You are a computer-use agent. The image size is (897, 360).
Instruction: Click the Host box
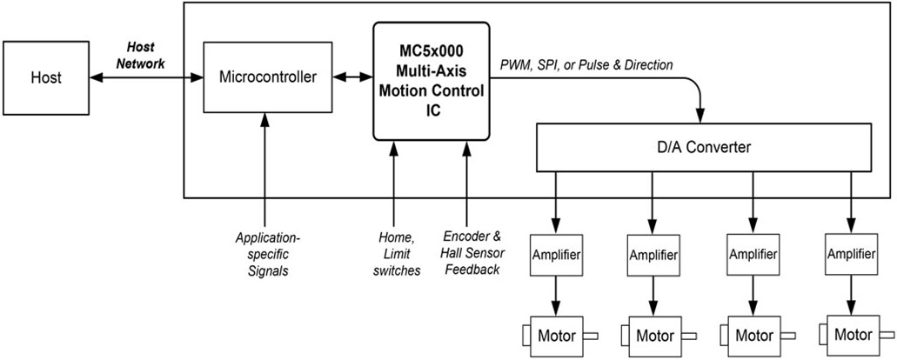point(46,77)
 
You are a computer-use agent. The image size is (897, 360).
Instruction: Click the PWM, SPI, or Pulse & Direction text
point(586,65)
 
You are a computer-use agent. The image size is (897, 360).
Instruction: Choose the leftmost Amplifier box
point(555,257)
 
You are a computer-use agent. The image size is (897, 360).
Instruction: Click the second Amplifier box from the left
point(651,258)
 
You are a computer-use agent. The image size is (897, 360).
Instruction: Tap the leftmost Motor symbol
point(554,336)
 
